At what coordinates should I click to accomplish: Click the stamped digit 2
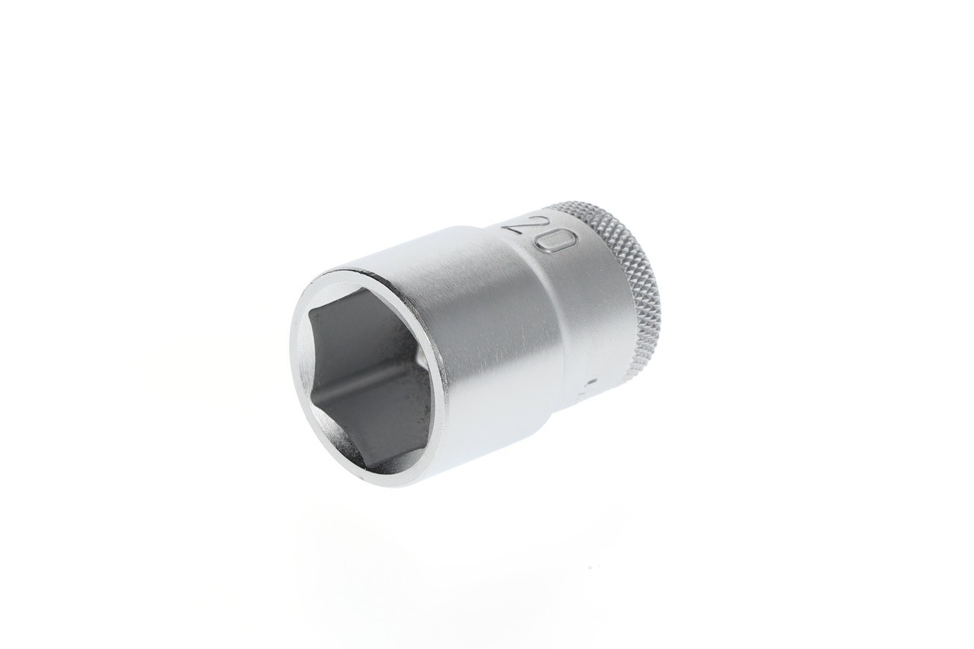(522, 225)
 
